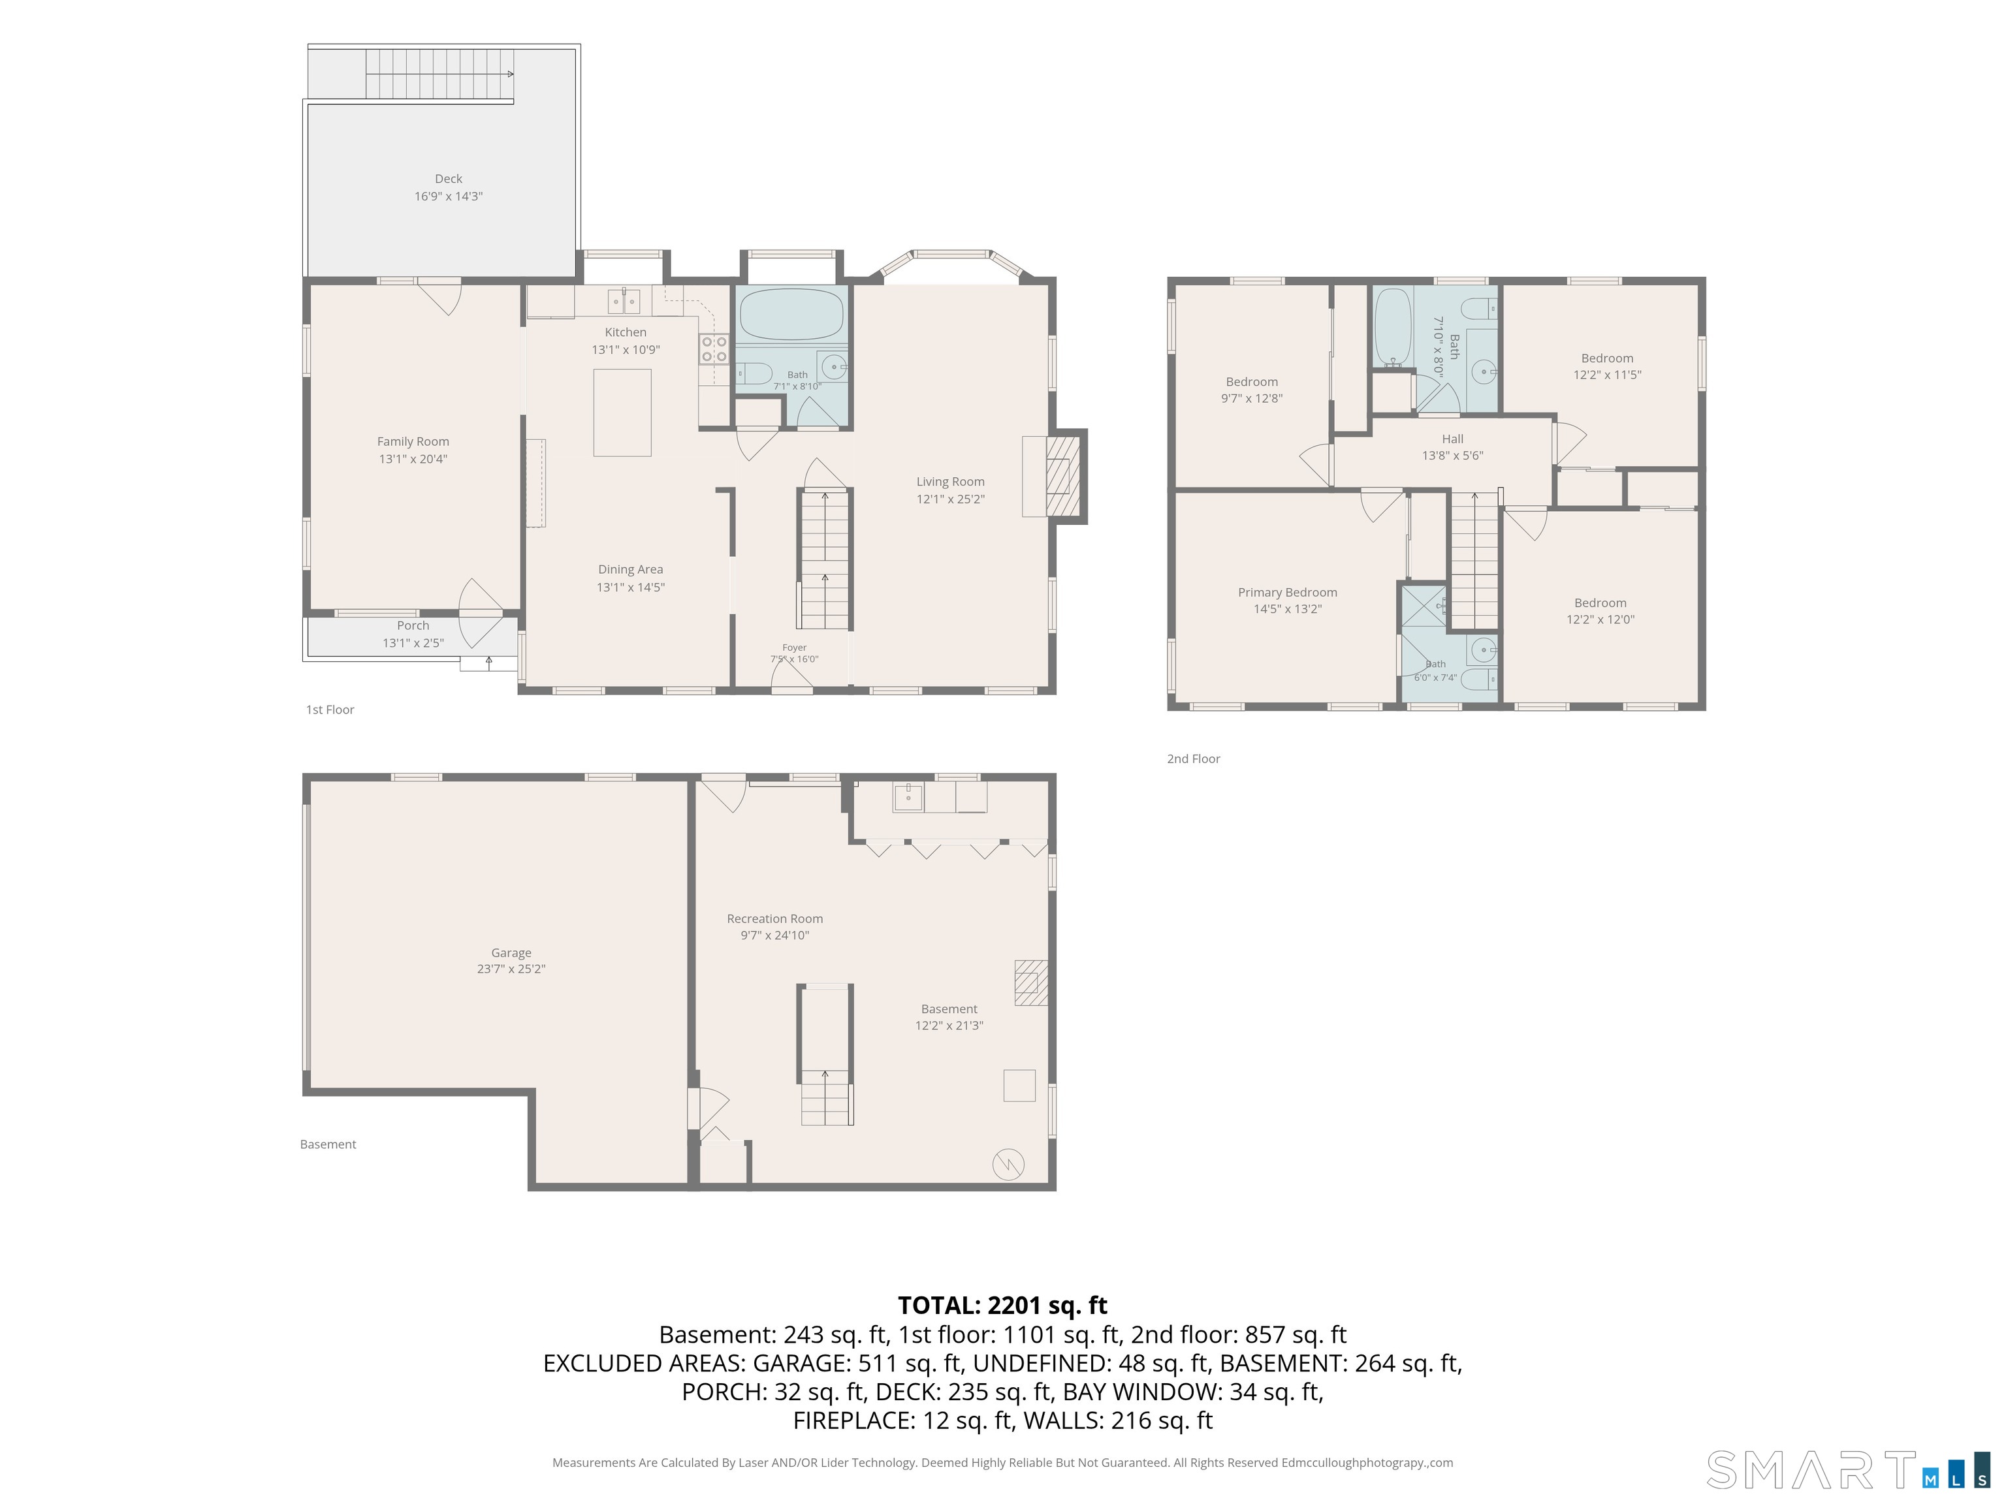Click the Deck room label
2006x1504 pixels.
[x=448, y=179]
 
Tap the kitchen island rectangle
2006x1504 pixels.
[x=622, y=413]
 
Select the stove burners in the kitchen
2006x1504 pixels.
[x=714, y=349]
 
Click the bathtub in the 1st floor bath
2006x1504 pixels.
[x=791, y=314]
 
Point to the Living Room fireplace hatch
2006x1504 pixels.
[x=1063, y=476]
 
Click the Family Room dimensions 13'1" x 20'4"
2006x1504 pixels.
[x=413, y=459]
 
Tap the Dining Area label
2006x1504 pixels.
[x=630, y=569]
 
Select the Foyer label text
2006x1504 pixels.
[x=795, y=648]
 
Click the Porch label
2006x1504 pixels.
[x=413, y=625]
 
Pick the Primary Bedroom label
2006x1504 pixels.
[x=1288, y=593]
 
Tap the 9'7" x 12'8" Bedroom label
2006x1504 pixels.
[x=1252, y=382]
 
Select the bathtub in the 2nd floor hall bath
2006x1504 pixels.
[x=1393, y=326]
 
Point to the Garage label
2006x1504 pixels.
[x=511, y=953]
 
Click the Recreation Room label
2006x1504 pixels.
[x=774, y=918]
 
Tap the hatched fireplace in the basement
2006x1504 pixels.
[x=1031, y=982]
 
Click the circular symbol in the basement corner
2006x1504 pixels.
[x=1008, y=1164]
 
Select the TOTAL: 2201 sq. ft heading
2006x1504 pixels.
[x=1002, y=1306]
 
